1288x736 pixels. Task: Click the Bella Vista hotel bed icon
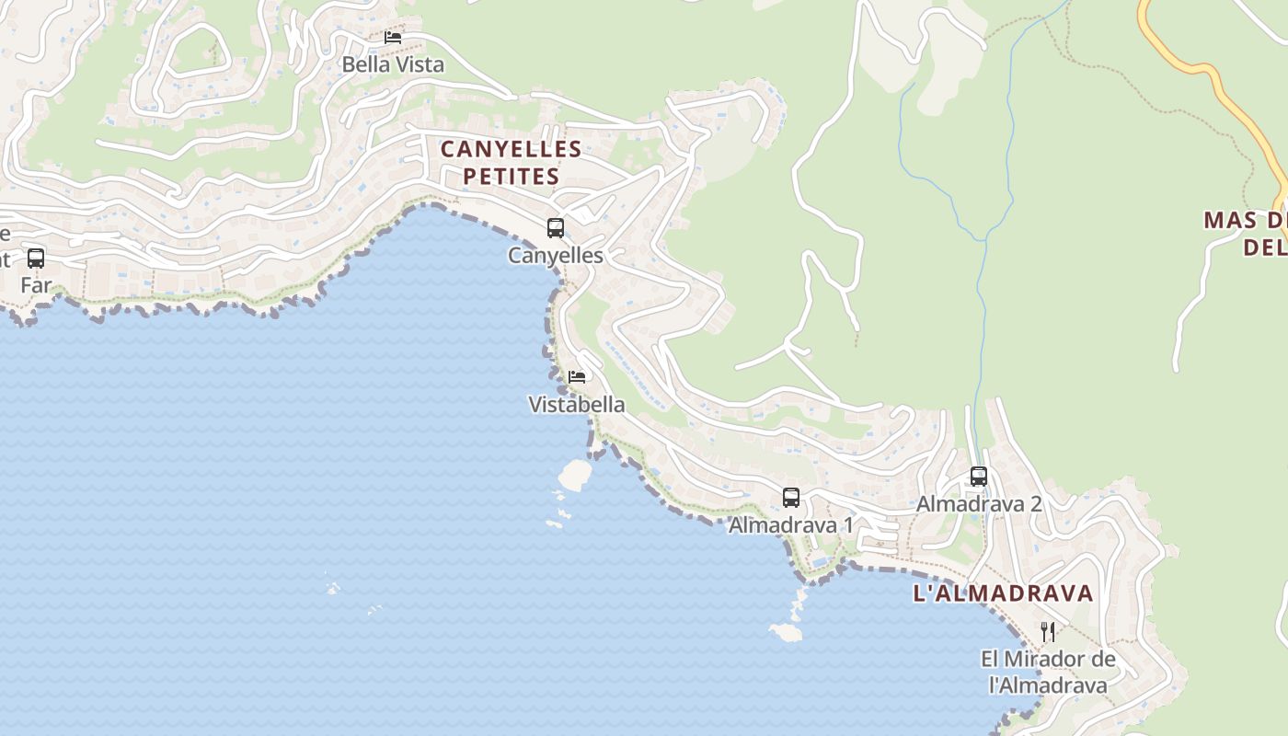(x=393, y=38)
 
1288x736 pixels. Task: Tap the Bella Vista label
(x=393, y=64)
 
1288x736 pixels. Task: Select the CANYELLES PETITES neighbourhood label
(x=511, y=162)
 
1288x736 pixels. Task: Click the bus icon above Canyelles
(x=556, y=228)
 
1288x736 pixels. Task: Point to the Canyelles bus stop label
(x=556, y=255)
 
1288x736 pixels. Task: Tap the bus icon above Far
(x=36, y=259)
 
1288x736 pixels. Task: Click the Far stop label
(x=36, y=285)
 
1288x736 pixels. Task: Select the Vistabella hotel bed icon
(x=577, y=377)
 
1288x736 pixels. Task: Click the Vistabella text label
(x=577, y=404)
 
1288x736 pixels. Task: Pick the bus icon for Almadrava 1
(x=791, y=498)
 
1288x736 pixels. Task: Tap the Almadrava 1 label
(x=791, y=525)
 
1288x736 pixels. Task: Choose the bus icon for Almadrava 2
(x=979, y=477)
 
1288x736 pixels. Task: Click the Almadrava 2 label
(x=979, y=504)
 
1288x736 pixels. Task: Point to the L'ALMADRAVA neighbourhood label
(x=1003, y=593)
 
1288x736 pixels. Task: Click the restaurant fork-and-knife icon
(x=1048, y=632)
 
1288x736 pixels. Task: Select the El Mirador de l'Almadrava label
(x=1048, y=672)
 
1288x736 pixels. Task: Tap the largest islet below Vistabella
(x=575, y=474)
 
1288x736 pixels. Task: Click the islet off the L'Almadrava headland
(x=786, y=632)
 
